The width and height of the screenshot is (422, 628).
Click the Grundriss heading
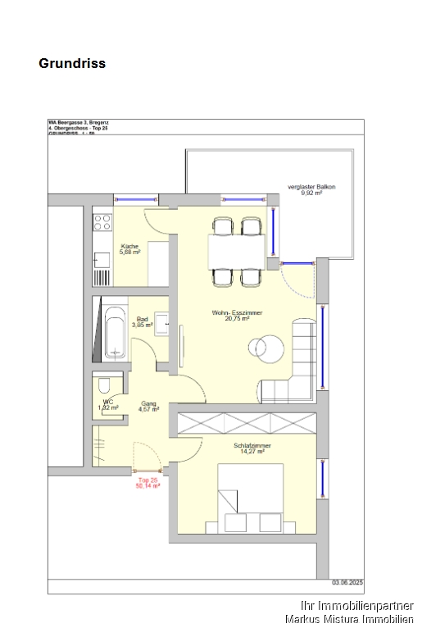[x=72, y=63]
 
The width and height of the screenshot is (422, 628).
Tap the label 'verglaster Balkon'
[x=312, y=187]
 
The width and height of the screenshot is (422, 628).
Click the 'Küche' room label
[x=129, y=246]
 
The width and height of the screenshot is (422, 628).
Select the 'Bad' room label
[x=142, y=319]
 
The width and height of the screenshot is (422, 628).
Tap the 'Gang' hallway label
[x=148, y=403]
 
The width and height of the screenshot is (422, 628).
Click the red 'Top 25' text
[x=148, y=480]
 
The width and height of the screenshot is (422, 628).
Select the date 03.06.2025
[x=347, y=581]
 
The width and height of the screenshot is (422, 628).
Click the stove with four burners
[x=102, y=221]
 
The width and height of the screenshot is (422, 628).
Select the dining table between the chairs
[x=237, y=251]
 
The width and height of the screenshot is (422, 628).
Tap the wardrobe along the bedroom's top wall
[x=246, y=423]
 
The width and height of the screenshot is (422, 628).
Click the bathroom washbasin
[x=162, y=325]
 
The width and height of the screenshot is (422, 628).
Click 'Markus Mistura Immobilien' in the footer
[x=349, y=619]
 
